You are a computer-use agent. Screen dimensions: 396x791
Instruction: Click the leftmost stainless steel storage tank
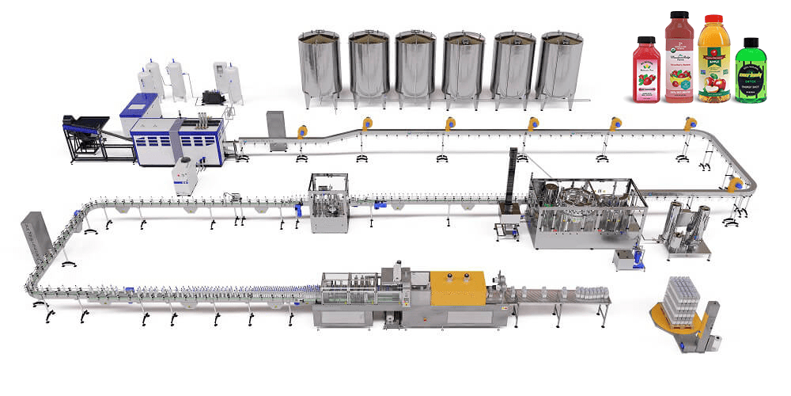319,67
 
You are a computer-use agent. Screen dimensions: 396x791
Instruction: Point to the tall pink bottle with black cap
679,59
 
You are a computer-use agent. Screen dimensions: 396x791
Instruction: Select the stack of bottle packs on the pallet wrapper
680,303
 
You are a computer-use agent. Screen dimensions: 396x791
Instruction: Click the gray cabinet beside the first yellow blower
275,130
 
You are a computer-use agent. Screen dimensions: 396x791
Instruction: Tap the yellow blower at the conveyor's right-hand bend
735,184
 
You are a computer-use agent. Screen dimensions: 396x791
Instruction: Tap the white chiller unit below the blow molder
184,175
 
